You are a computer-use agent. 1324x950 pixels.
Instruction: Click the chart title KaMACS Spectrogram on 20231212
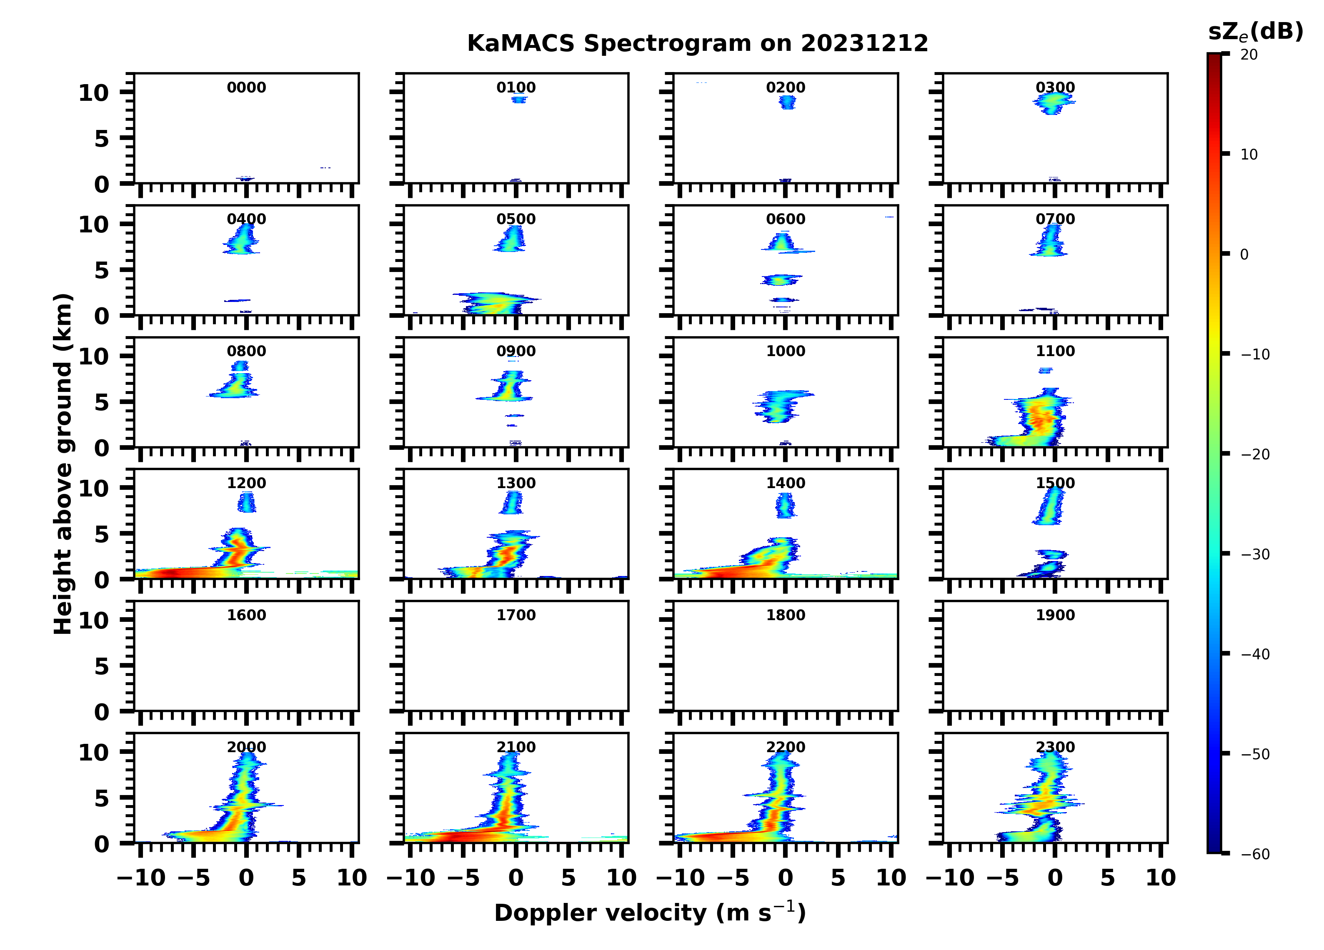tap(697, 44)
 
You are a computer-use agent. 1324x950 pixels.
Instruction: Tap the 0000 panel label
tap(246, 87)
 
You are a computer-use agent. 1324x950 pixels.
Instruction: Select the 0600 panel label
tap(785, 219)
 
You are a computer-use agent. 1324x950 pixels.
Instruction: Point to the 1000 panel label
tap(785, 351)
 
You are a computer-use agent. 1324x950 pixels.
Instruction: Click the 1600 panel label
tap(246, 615)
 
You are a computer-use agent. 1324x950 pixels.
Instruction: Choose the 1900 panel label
tap(1055, 615)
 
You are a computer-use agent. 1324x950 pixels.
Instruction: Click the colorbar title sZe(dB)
tap(1255, 32)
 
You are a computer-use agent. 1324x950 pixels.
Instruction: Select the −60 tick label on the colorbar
tap(1254, 854)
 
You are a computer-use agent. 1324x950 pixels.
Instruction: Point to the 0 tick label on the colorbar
tap(1244, 254)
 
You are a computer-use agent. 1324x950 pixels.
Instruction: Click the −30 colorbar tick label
tap(1254, 554)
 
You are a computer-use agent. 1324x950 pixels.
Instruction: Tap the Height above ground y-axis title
tap(63, 464)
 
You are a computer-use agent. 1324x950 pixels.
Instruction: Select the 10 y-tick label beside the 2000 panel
tap(93, 752)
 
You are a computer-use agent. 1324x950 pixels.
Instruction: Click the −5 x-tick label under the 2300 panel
tap(1002, 878)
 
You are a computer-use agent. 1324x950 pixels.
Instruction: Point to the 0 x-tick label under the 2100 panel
tap(516, 878)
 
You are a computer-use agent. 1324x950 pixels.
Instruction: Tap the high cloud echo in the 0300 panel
tap(1054, 103)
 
